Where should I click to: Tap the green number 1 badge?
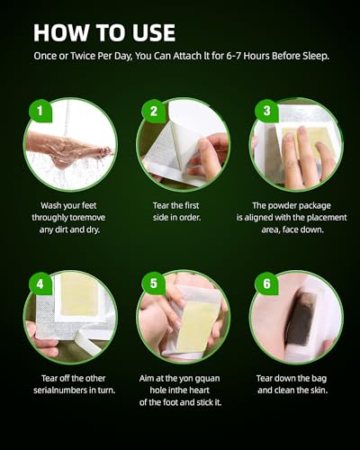[x=40, y=112]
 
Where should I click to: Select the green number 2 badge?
[x=153, y=112]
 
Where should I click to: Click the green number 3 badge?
[x=266, y=112]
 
